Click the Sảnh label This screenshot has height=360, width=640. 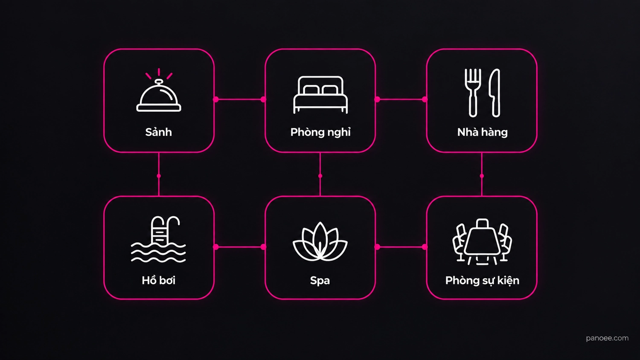pos(159,132)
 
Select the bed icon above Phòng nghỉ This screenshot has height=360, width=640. pos(320,95)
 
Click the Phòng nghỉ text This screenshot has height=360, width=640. pos(320,132)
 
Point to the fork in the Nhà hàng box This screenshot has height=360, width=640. pos(473,93)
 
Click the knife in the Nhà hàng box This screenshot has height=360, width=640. pos(495,93)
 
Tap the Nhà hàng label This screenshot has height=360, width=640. pos(482,132)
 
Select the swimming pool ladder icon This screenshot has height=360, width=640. pos(159,239)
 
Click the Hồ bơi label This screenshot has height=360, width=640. pos(159,280)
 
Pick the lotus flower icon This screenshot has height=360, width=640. pos(320,242)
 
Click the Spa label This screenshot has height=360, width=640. pos(320,281)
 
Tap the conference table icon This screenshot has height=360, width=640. pos(482,242)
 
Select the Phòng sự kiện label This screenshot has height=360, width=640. pos(482,281)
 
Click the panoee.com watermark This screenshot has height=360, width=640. pos(607,338)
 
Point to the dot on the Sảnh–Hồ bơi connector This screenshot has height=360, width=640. pos(159,176)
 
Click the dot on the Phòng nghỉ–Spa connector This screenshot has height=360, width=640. pos(320,176)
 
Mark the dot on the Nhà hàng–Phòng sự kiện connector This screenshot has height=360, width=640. pos(482,176)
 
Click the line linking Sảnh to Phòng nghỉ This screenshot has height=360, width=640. pos(240,99)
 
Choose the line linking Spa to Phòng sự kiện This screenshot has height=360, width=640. pos(401,247)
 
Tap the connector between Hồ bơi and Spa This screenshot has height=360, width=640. pos(240,247)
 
